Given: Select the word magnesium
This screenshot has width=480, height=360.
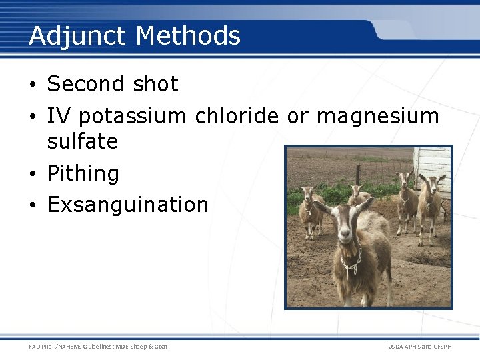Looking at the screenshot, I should pos(377,117).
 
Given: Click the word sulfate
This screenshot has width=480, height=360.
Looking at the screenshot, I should pos(83,141).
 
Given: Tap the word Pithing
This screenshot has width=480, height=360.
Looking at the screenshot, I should pos(83,174).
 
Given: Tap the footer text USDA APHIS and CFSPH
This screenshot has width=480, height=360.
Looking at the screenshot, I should pos(419,346).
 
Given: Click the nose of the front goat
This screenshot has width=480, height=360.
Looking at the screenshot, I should pos(345,235).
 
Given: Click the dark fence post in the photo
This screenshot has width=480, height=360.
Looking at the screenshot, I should pos(358,175).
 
